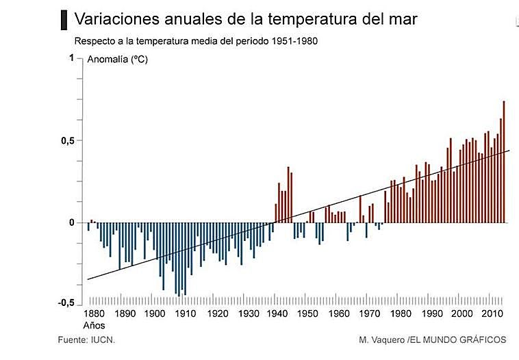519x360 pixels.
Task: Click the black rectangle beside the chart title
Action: [x=64, y=19]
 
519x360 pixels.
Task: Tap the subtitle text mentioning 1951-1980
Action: [x=195, y=40]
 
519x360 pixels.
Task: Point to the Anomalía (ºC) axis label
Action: [x=118, y=60]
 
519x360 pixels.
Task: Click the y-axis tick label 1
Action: [x=71, y=58]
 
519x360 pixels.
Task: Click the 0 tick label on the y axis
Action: [x=71, y=222]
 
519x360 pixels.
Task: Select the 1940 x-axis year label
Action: [x=278, y=314]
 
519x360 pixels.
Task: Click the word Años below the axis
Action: [x=94, y=326]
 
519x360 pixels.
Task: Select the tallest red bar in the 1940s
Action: [x=288, y=194]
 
